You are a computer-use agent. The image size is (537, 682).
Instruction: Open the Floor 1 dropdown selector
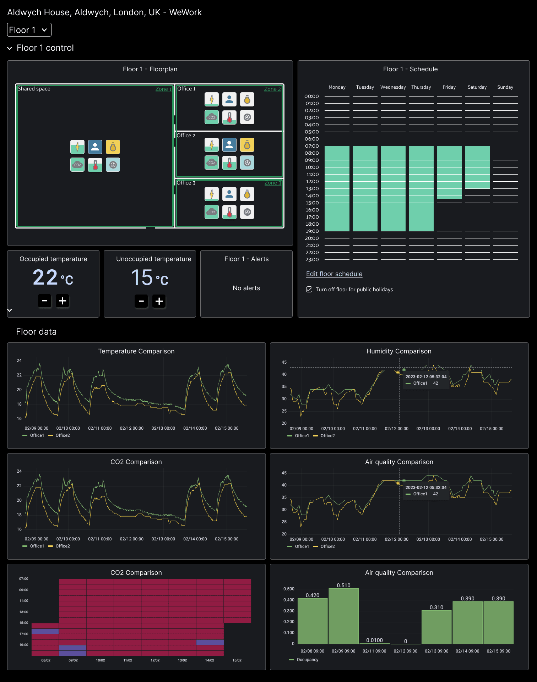point(29,30)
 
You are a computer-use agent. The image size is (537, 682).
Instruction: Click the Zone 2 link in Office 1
point(272,89)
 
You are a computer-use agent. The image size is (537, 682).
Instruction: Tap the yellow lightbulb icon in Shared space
point(113,147)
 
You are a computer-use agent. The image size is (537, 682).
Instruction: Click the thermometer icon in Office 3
point(229,212)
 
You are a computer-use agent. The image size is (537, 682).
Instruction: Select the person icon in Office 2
point(229,145)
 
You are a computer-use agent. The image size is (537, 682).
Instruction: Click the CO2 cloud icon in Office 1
point(212,117)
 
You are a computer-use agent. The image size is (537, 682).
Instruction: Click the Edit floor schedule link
point(334,274)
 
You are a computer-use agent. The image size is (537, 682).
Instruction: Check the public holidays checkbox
point(309,290)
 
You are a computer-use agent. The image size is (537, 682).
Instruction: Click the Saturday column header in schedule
point(477,87)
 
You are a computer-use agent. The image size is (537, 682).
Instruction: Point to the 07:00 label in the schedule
point(312,146)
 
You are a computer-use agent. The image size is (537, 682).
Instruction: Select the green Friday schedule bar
point(449,172)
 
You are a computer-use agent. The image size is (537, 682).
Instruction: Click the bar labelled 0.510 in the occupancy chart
point(343,616)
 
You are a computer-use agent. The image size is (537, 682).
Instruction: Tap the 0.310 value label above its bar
point(436,607)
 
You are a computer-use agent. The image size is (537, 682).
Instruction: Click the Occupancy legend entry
point(307,660)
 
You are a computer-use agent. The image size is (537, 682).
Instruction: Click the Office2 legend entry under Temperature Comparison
point(63,435)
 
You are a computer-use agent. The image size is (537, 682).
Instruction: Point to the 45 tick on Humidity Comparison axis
point(284,362)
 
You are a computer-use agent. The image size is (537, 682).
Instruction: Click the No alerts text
point(246,288)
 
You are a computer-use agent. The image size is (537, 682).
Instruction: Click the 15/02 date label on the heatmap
point(237,660)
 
